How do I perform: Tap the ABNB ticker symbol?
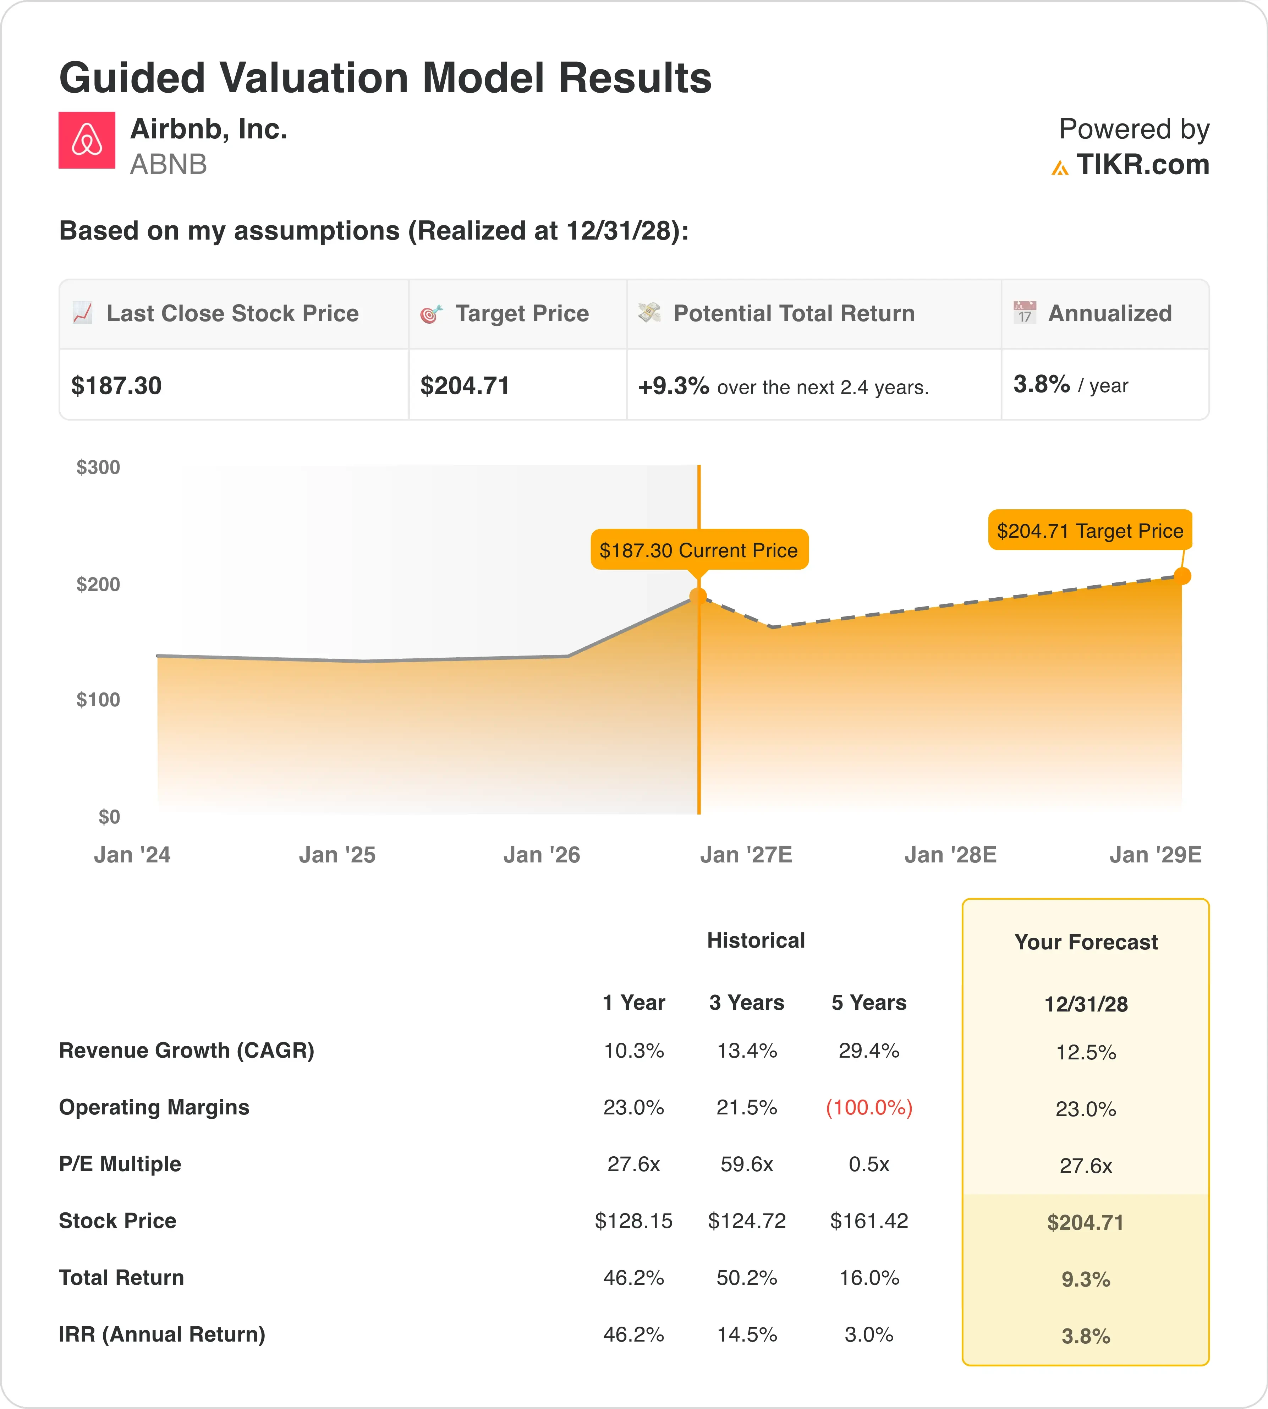coord(169,164)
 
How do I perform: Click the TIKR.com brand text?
coord(1143,164)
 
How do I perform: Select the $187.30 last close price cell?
coord(116,385)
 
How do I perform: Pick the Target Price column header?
coord(522,314)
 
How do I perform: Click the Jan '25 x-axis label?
coord(337,855)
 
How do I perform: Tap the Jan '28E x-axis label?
coord(950,855)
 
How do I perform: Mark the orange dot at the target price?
coord(1182,576)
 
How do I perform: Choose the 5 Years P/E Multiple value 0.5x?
coord(869,1164)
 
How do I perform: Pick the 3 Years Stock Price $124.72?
coord(747,1221)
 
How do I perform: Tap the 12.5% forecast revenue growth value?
coord(1086,1052)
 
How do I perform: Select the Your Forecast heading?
coord(1086,942)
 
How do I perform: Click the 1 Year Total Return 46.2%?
coord(633,1278)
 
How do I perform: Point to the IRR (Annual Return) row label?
coord(162,1334)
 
